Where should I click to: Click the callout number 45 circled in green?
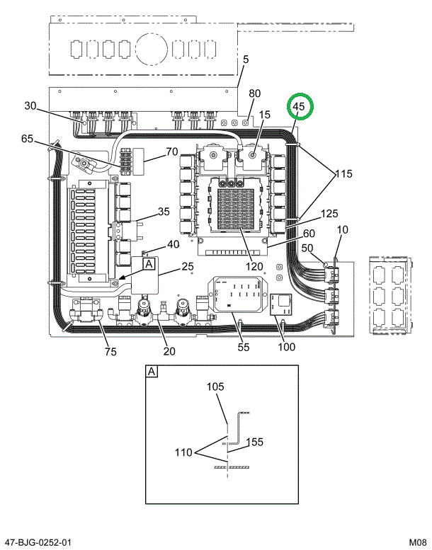298,107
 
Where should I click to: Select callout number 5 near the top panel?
246,60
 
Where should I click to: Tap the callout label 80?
254,93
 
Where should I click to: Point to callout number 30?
30,106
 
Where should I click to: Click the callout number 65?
28,139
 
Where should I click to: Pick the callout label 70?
171,151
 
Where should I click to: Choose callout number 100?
287,346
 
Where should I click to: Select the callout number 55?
243,346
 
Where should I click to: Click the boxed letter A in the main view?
149,264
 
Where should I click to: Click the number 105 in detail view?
215,386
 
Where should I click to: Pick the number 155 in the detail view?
255,442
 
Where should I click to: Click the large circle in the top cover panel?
152,50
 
